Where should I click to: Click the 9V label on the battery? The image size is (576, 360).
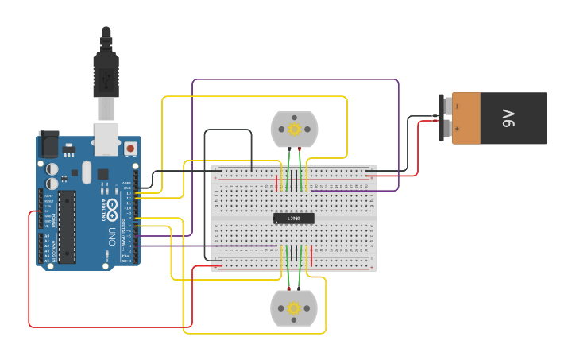coord(508,118)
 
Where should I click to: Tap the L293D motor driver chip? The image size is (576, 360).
coord(293,219)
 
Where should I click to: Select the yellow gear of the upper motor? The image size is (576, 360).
coord(294,129)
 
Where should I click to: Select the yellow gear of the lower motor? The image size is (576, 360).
coord(294,308)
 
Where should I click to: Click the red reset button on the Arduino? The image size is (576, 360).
coord(130,148)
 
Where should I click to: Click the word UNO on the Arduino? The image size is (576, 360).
coord(112,236)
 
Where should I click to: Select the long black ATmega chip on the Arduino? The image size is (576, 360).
coord(67,226)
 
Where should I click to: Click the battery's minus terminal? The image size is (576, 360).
coord(448,106)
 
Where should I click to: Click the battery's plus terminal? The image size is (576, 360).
coord(448,129)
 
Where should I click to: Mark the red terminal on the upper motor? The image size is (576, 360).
coord(299,149)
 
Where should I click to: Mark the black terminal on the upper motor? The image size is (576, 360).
coord(288,149)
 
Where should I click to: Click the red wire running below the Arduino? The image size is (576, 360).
coord(111,327)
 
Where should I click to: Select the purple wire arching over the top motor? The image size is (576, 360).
coord(294,79)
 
